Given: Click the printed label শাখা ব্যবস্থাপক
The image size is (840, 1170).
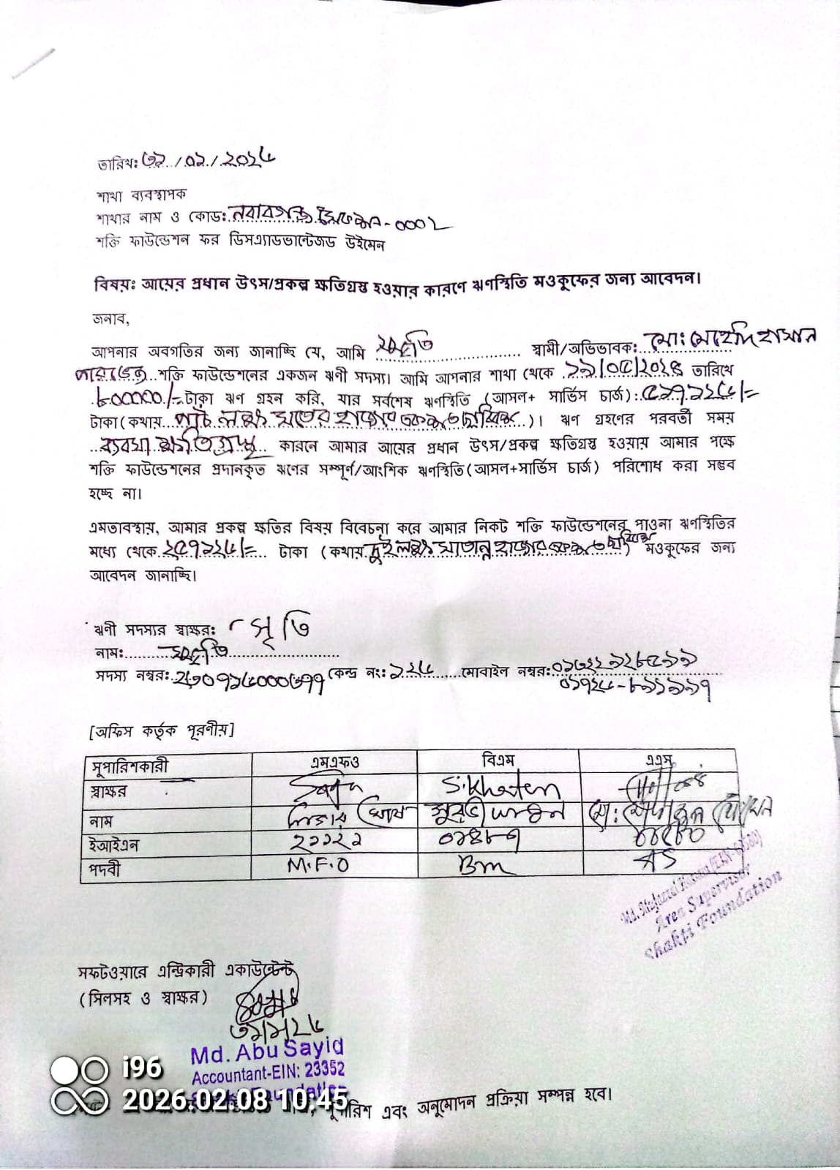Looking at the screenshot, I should [x=141, y=195].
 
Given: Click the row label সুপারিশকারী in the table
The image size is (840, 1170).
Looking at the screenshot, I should [x=130, y=766].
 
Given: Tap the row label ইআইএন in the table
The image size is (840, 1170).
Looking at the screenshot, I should [x=114, y=846].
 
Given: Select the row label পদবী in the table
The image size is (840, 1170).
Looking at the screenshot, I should [x=105, y=869].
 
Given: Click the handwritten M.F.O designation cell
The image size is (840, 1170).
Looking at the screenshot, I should [x=318, y=865].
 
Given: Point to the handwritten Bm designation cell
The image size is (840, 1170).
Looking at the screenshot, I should [x=486, y=867].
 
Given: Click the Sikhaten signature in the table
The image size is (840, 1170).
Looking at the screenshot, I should [x=500, y=787].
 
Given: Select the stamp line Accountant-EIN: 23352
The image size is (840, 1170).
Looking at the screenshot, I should [x=268, y=1073].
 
